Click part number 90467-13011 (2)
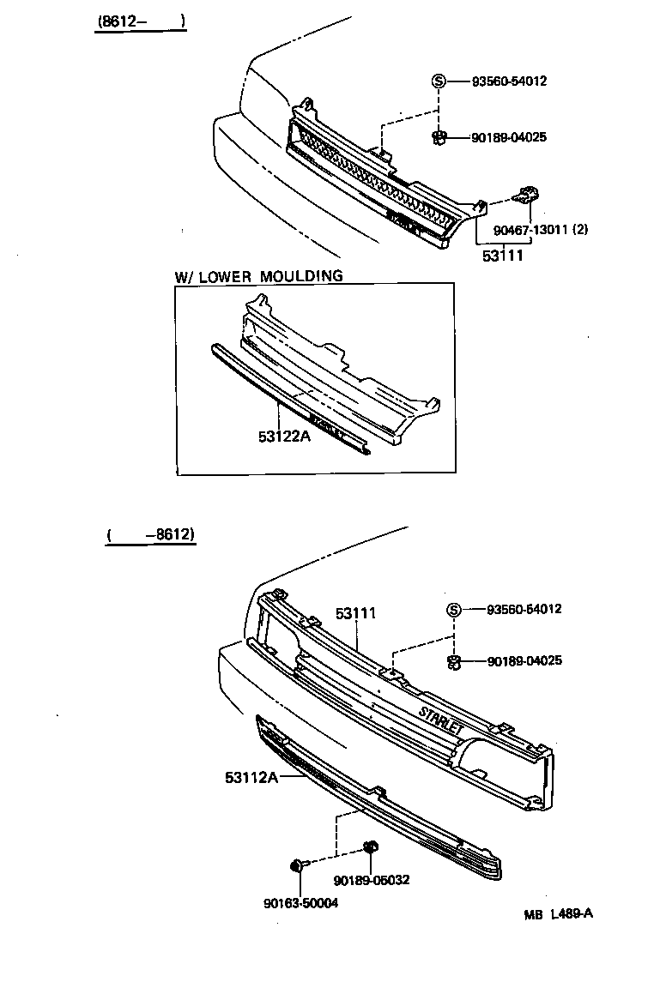click(x=540, y=229)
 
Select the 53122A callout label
click(x=283, y=437)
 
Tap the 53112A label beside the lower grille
click(x=251, y=777)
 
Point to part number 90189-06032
click(x=372, y=880)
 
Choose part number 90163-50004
click(x=300, y=902)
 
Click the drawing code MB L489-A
click(x=558, y=913)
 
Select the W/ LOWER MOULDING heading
click(x=258, y=276)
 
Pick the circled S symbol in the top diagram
click(x=439, y=81)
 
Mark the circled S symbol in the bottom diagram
click(x=454, y=610)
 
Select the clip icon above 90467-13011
click(x=526, y=196)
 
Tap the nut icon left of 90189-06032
click(x=371, y=848)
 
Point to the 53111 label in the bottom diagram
click(x=356, y=613)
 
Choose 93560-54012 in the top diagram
click(x=509, y=81)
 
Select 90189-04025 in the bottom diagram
click(x=524, y=660)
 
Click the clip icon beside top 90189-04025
click(x=439, y=136)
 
